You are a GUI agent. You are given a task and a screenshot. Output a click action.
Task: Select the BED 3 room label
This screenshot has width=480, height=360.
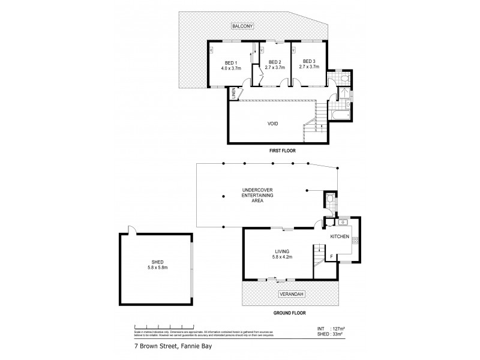tap(308, 61)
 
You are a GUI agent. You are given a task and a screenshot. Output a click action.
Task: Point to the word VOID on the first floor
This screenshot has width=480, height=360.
tap(273, 124)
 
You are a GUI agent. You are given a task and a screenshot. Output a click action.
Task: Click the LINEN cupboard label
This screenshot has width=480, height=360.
tap(233, 94)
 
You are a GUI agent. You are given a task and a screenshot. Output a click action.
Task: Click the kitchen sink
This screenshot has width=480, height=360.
tap(335, 222)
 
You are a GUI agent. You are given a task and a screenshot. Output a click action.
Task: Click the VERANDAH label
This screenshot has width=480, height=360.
tap(290, 294)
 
